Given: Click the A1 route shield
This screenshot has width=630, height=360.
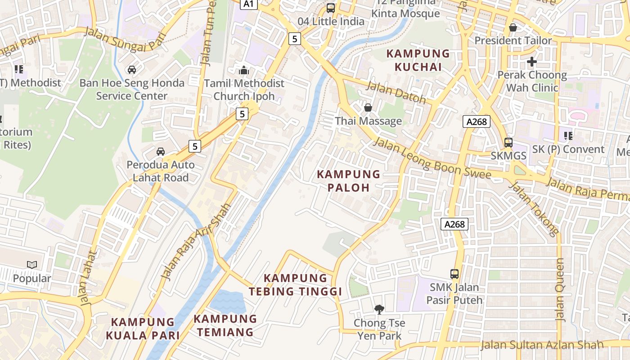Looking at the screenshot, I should (x=249, y=4).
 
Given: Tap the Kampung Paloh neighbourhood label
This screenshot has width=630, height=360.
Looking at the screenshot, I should (x=349, y=181).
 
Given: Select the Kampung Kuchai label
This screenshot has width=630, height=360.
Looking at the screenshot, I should (x=418, y=60).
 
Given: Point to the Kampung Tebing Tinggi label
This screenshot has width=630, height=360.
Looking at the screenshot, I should (x=296, y=285).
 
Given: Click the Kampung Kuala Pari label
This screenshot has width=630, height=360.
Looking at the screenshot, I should (x=143, y=328).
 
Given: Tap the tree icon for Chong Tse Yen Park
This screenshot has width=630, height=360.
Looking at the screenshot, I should (x=379, y=309).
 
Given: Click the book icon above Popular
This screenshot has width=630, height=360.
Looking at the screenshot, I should (x=31, y=265).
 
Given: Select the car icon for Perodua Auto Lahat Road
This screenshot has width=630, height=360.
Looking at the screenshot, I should (x=161, y=151).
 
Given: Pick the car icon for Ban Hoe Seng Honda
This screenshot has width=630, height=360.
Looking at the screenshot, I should (x=131, y=69).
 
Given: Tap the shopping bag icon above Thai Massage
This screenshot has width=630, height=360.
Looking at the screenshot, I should (x=368, y=107).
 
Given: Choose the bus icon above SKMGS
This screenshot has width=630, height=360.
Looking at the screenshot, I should (x=508, y=142).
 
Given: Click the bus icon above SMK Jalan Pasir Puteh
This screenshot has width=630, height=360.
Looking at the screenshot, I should (x=454, y=274).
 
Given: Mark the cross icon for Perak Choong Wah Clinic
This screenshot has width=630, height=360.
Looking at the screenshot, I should (x=532, y=61).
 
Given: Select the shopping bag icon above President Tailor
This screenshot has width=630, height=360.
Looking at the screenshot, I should (x=513, y=27).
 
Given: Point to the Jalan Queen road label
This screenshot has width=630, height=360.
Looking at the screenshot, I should (x=560, y=290).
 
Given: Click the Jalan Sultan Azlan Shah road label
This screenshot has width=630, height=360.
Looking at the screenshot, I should (x=542, y=345).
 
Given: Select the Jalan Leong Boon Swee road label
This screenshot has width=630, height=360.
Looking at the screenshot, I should (x=432, y=159).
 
